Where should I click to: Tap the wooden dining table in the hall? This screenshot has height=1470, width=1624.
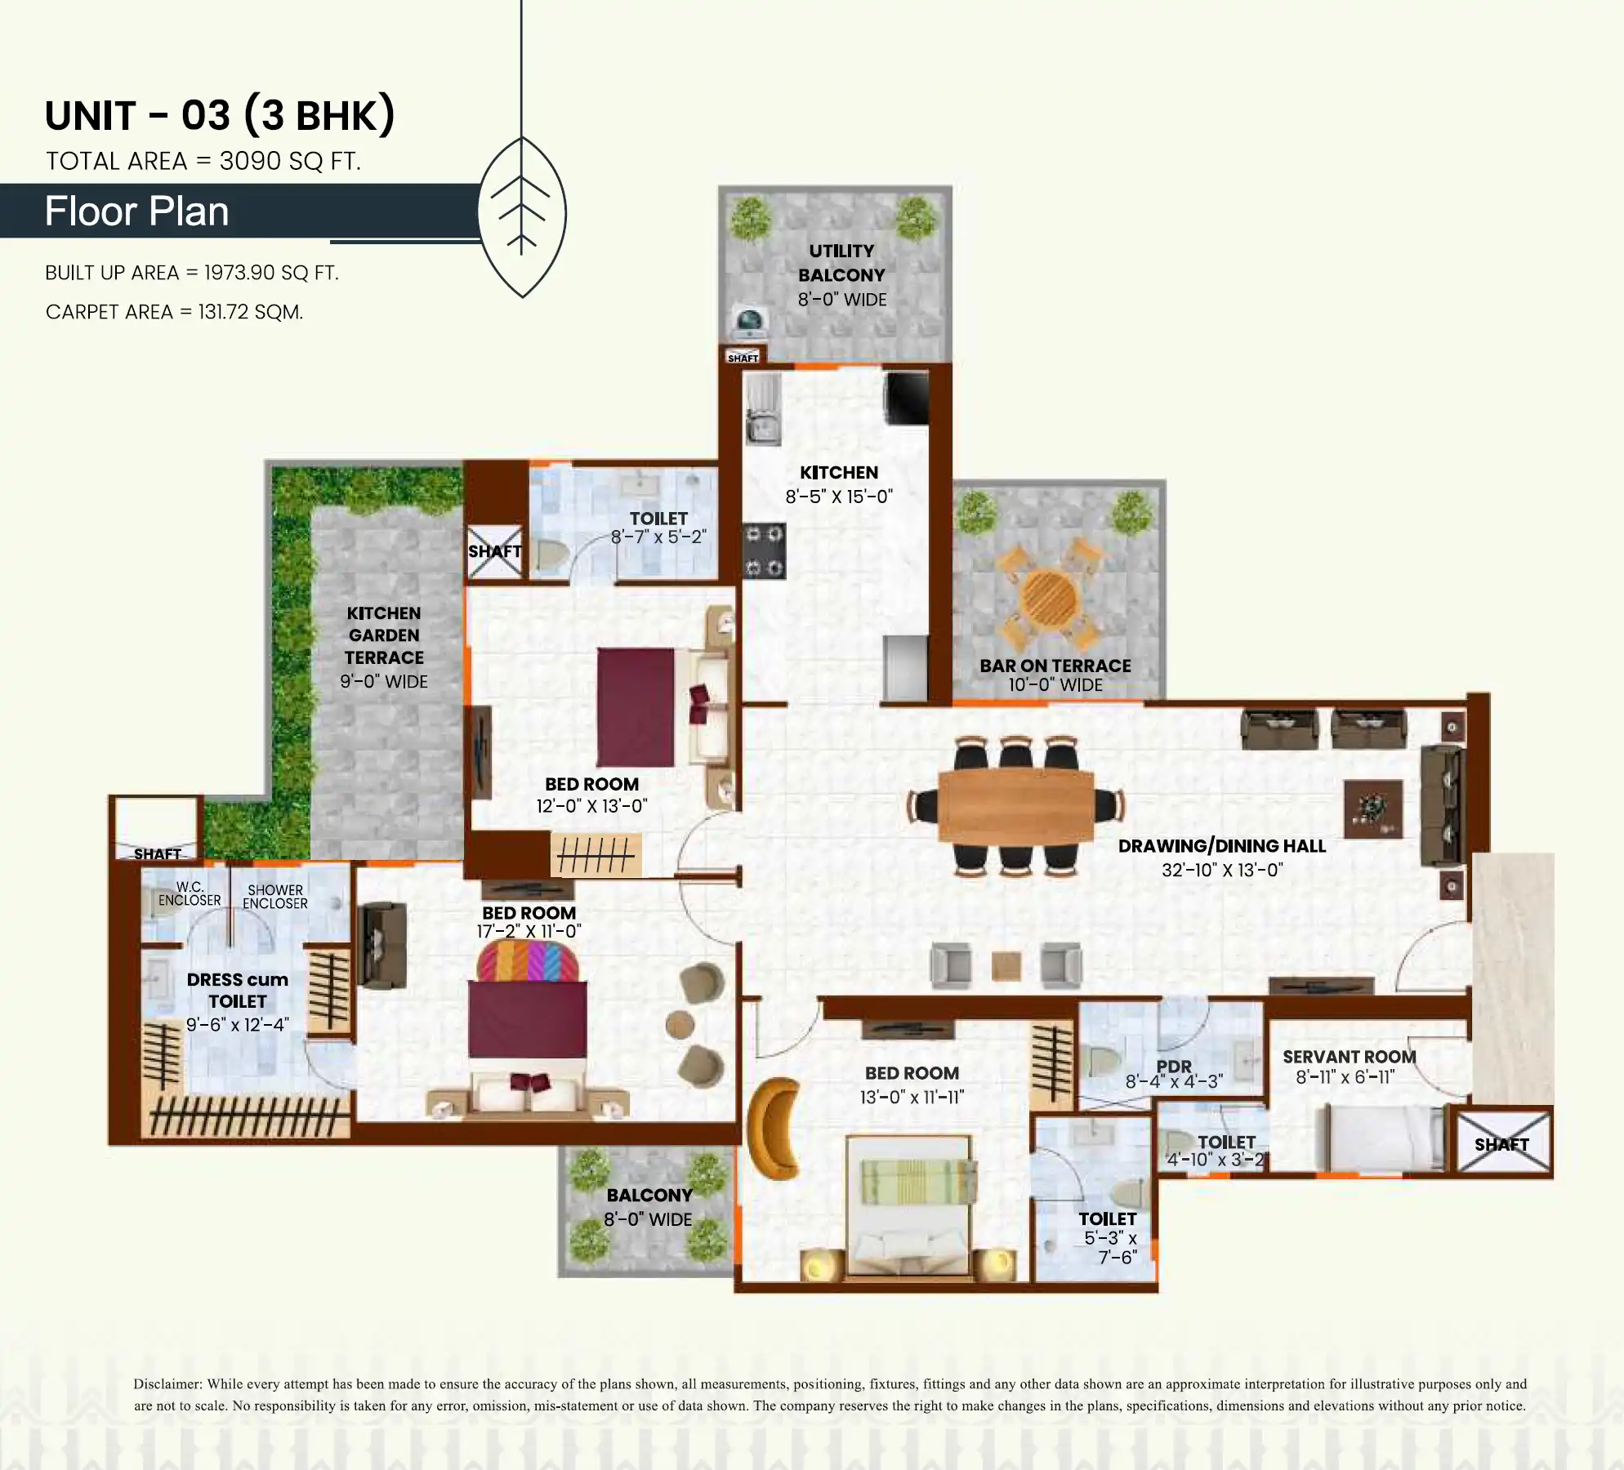(1015, 806)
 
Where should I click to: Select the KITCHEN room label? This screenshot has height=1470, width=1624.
(839, 472)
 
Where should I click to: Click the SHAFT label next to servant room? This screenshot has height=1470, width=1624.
(1501, 1144)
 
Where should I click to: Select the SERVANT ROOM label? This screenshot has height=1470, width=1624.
(1349, 1057)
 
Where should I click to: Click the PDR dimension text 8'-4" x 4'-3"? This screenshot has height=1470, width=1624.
(1174, 1081)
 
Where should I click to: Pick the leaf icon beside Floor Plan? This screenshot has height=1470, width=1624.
(522, 216)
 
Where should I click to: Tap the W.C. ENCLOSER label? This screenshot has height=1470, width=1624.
(190, 893)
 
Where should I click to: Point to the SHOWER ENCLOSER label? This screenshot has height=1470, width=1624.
(275, 897)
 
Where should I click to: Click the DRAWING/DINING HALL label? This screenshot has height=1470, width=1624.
(1222, 846)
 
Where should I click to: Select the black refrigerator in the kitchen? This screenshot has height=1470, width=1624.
(907, 399)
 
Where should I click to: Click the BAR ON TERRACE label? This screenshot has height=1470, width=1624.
(1055, 666)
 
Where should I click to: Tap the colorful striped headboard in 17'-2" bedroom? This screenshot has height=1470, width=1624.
(528, 961)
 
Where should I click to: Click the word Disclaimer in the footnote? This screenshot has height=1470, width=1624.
(167, 1384)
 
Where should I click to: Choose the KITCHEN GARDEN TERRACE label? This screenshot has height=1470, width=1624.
(384, 635)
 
